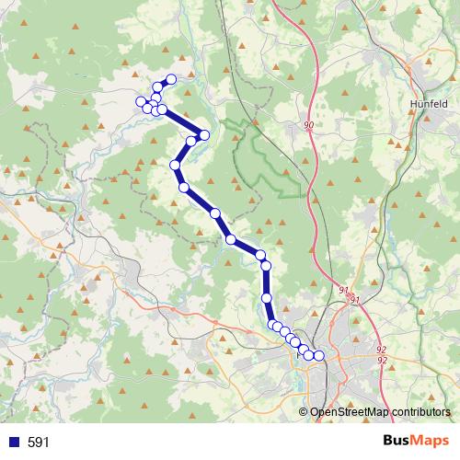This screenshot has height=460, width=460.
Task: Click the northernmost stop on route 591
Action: (171, 79)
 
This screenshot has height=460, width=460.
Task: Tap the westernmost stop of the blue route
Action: (141, 101)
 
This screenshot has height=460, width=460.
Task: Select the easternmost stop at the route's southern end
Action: (319, 355)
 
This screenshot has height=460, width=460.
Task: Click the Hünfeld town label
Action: (430, 104)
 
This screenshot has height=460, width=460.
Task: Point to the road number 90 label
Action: (307, 125)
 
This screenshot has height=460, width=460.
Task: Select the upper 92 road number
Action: (381, 350)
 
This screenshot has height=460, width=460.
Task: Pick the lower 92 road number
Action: (381, 360)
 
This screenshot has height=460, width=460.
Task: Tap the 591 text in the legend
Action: (39, 443)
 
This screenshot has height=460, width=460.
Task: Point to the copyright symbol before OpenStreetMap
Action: (304, 412)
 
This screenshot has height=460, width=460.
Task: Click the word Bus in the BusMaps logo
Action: (398, 441)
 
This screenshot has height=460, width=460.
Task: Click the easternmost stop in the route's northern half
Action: (204, 135)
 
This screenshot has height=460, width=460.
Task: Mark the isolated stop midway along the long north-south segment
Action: (267, 298)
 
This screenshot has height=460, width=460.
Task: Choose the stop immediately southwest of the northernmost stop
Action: (159, 87)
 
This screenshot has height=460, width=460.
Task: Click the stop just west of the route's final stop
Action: (309, 355)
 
